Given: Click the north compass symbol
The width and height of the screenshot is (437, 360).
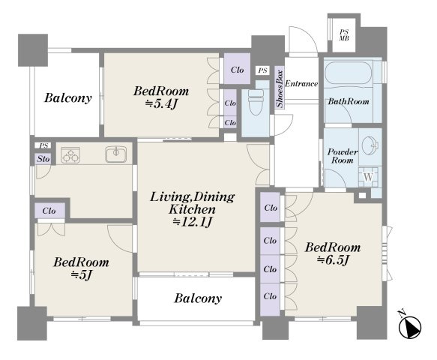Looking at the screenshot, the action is point(409,326).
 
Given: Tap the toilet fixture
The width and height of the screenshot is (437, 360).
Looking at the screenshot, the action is point(256,102).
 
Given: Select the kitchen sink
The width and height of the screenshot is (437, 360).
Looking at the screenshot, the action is point(116,154).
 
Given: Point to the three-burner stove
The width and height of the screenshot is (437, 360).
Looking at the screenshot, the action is point(70,155).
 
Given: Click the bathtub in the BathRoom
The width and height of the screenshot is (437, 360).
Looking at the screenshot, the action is point(349,73).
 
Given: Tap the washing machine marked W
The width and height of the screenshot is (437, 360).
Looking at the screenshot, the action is point(368,177).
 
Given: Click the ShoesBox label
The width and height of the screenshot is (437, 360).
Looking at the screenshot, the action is point(280,88).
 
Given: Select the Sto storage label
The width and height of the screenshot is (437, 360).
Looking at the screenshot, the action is point(43,159).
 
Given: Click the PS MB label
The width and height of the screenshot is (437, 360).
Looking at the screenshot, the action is point(344,35).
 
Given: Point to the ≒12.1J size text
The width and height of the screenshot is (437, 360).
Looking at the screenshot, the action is point(193,223).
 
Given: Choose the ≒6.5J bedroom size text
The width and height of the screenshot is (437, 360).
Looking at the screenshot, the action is point(333,260).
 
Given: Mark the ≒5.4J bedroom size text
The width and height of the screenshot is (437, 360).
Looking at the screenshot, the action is point(161,104).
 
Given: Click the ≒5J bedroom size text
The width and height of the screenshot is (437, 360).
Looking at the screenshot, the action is point(82,275).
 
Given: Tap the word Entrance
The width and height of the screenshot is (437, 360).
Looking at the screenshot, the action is point(301,84).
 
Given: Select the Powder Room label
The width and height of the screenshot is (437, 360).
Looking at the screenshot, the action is point(343,156).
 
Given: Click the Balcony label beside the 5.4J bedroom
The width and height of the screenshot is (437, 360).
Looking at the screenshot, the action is point(68,98).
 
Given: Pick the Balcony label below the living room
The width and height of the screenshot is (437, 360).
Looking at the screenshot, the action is point(198,298).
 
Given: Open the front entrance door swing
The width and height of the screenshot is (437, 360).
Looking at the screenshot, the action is point(304,40).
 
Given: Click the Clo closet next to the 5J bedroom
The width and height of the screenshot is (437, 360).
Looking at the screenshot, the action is point(49,211).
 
